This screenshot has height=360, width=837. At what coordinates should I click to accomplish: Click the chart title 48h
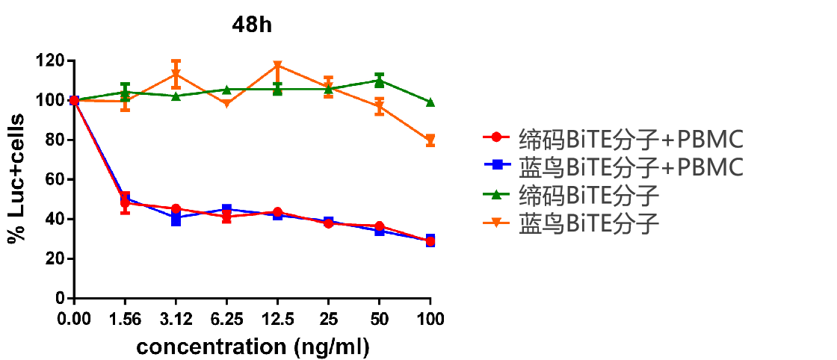[252, 25]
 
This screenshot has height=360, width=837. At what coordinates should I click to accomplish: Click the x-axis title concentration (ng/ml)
[253, 347]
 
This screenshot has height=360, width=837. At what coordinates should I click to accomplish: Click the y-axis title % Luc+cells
[16, 179]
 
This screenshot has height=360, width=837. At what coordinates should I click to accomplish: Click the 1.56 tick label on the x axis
[126, 320]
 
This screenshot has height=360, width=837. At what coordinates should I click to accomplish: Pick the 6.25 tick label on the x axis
[226, 320]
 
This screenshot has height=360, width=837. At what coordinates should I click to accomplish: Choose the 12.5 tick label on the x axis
[277, 320]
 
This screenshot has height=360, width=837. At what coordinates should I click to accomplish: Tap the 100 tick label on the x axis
[430, 320]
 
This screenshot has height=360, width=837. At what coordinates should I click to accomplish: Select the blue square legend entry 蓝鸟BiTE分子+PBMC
[610, 167]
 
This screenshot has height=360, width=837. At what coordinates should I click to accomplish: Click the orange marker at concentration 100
[430, 140]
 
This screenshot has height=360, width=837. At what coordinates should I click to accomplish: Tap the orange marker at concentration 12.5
[278, 66]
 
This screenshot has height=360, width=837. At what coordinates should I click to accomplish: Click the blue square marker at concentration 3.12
[176, 220]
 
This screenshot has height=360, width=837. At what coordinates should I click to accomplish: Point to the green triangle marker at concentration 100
[430, 102]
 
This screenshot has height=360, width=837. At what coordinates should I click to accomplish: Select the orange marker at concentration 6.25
[226, 104]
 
